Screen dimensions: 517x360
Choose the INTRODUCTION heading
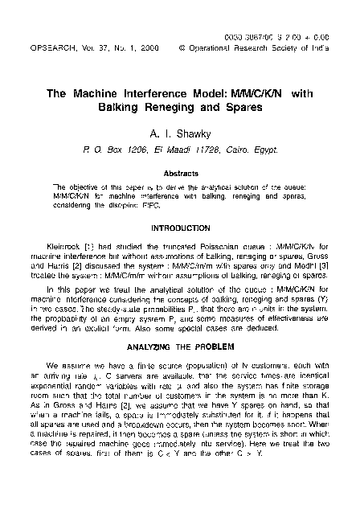click(x=180, y=227)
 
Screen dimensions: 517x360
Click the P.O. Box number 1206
click(x=141, y=149)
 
